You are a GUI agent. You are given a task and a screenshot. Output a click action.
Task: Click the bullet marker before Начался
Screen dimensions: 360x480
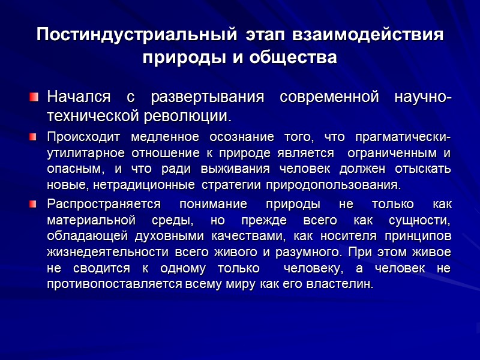pyautogui.click(x=35, y=97)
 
